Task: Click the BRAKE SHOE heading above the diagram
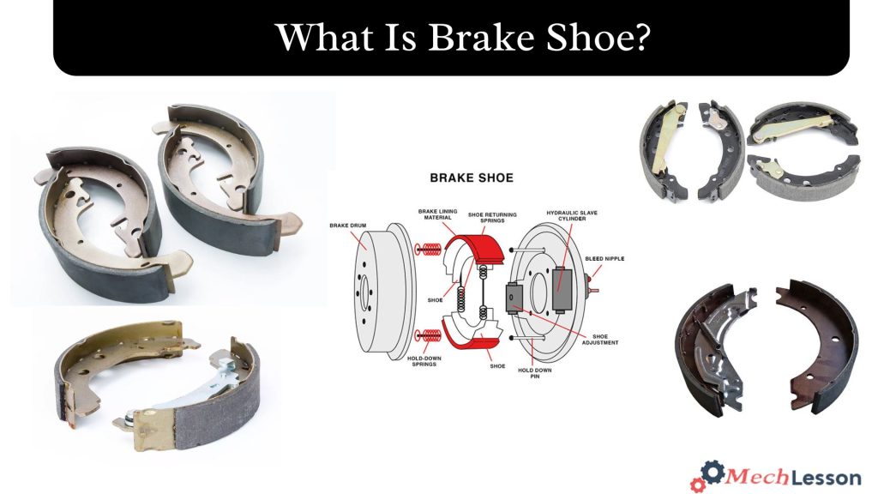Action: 471,178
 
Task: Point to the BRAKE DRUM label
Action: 346,226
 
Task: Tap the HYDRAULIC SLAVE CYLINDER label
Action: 572,216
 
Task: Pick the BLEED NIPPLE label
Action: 604,257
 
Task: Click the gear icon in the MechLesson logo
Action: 711,473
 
